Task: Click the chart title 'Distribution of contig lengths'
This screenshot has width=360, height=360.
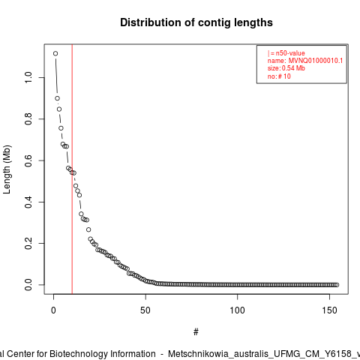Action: point(196,22)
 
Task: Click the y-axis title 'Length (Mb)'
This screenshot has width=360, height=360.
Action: point(7,169)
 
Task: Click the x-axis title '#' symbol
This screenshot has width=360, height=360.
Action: point(196,332)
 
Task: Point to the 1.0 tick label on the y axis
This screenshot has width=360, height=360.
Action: point(28,77)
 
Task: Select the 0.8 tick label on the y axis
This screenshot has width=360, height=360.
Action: point(28,119)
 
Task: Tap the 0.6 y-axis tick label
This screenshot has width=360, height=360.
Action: point(28,160)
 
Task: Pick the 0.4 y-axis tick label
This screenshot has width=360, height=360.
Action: point(28,202)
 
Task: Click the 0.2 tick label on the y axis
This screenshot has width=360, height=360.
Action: point(28,243)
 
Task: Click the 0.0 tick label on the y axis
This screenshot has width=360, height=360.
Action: point(28,285)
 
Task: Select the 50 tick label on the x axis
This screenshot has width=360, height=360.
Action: point(145,310)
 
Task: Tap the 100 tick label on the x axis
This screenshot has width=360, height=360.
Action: point(237,310)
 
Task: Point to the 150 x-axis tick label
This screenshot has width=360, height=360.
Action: point(329,310)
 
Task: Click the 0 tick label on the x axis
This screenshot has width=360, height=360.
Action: point(53,310)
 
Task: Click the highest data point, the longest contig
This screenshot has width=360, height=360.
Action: point(55,53)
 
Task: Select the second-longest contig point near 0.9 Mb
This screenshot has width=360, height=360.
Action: point(58,98)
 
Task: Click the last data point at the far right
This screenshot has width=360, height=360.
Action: point(337,285)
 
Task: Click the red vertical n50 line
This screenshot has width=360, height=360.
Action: point(72,169)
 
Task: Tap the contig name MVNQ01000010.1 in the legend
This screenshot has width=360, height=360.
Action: point(316,61)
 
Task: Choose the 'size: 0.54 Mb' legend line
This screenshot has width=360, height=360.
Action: point(286,68)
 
